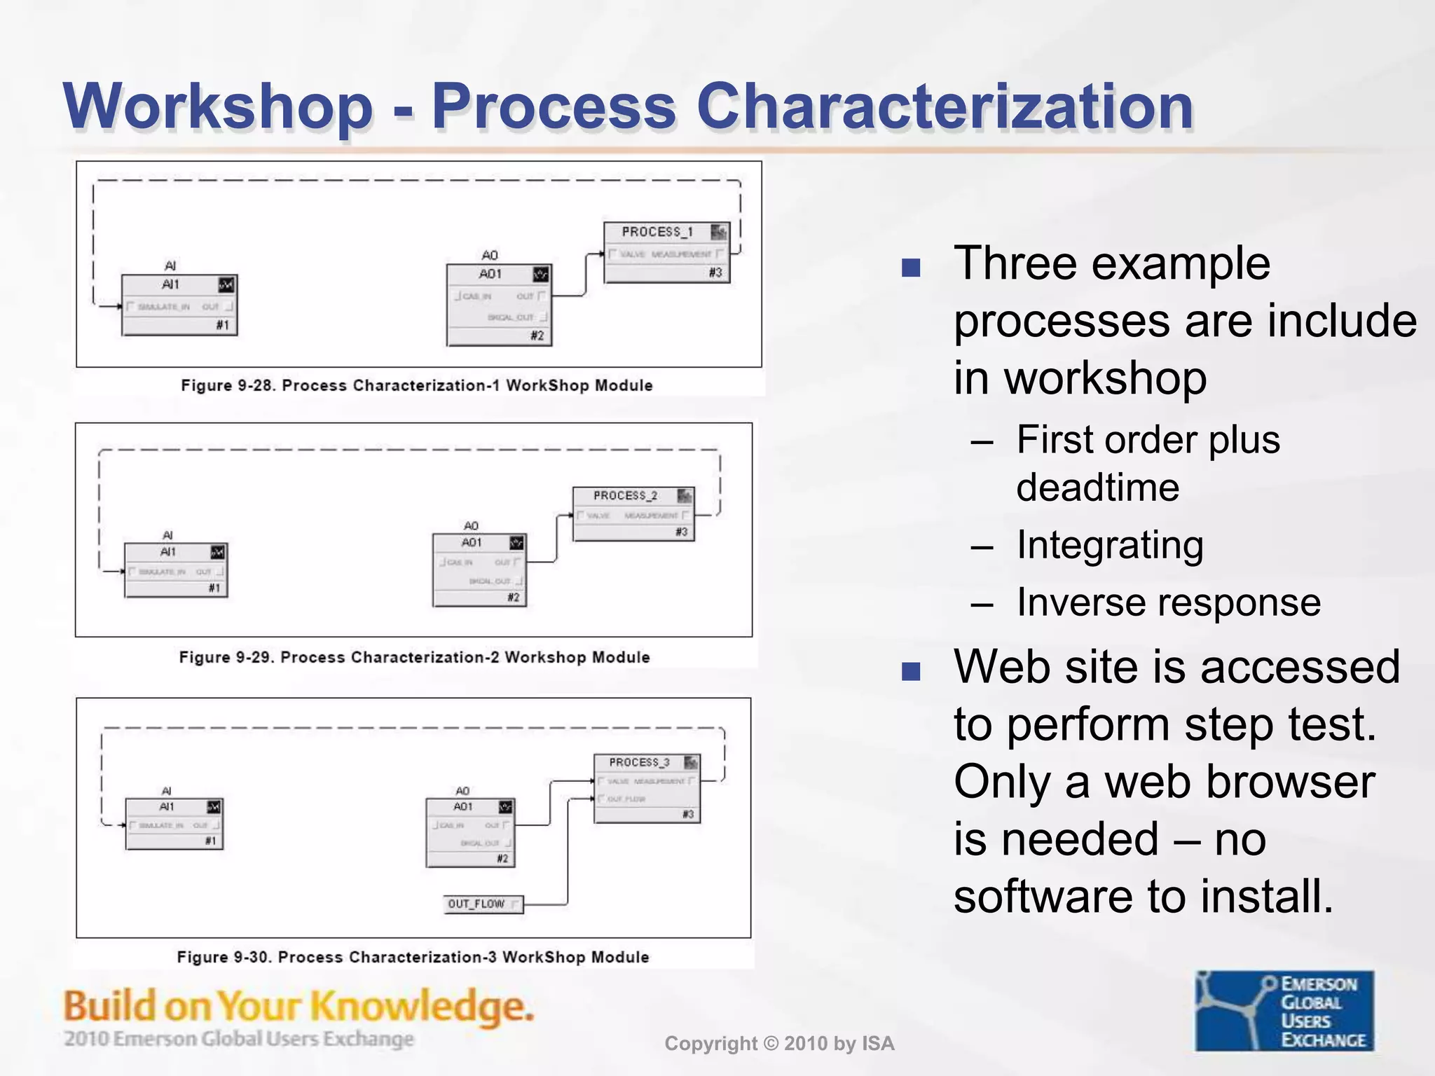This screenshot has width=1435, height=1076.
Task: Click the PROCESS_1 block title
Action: pyautogui.click(x=657, y=232)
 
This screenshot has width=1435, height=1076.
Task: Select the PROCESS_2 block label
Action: pyautogui.click(x=625, y=495)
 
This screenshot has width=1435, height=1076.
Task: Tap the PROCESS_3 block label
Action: pyautogui.click(x=639, y=762)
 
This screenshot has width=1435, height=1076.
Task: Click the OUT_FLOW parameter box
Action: pyautogui.click(x=483, y=904)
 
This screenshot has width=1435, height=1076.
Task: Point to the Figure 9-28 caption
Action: pyautogui.click(x=417, y=385)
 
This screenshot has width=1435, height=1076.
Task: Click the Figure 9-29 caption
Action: pyautogui.click(x=414, y=657)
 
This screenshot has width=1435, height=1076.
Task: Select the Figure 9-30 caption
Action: pyautogui.click(x=413, y=957)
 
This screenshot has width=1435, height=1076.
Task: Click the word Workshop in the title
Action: pyautogui.click(x=218, y=106)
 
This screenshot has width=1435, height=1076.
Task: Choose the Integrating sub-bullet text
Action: pyautogui.click(x=1110, y=545)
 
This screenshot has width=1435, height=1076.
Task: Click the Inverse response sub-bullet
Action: pyautogui.click(x=1168, y=602)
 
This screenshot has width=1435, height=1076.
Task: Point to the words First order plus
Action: pyautogui.click(x=1148, y=440)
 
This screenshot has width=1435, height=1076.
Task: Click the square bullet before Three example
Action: pyautogui.click(x=910, y=268)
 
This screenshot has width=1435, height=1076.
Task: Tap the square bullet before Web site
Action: pyautogui.click(x=910, y=671)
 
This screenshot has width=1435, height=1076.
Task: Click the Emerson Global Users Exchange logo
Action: pyautogui.click(x=1284, y=1010)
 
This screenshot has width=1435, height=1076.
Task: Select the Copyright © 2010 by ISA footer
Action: pyautogui.click(x=779, y=1044)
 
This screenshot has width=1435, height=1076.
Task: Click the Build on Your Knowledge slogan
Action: pyautogui.click(x=298, y=1006)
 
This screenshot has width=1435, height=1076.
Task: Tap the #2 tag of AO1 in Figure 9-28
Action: pyautogui.click(x=537, y=336)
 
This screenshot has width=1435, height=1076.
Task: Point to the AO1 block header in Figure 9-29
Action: pyautogui.click(x=472, y=543)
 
